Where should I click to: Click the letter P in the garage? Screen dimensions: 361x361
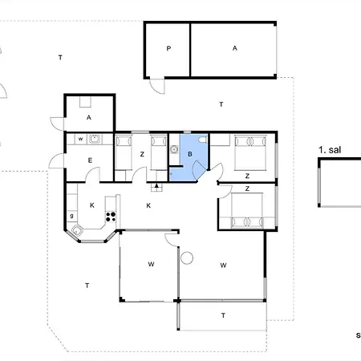168,49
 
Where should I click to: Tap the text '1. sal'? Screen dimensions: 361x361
330,150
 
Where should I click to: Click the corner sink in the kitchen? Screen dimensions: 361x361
77,232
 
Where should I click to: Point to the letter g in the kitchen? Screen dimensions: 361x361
72,215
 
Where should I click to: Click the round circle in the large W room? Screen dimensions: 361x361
187,258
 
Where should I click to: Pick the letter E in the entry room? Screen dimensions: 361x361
90,160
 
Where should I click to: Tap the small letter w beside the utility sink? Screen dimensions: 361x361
81,139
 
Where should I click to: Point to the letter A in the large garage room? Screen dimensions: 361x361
235,49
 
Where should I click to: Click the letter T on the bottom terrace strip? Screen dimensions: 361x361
223,315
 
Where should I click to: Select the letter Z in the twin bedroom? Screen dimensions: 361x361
141,155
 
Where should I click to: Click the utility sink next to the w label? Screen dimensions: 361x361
95,139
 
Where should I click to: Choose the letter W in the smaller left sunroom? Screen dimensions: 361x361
150,265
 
